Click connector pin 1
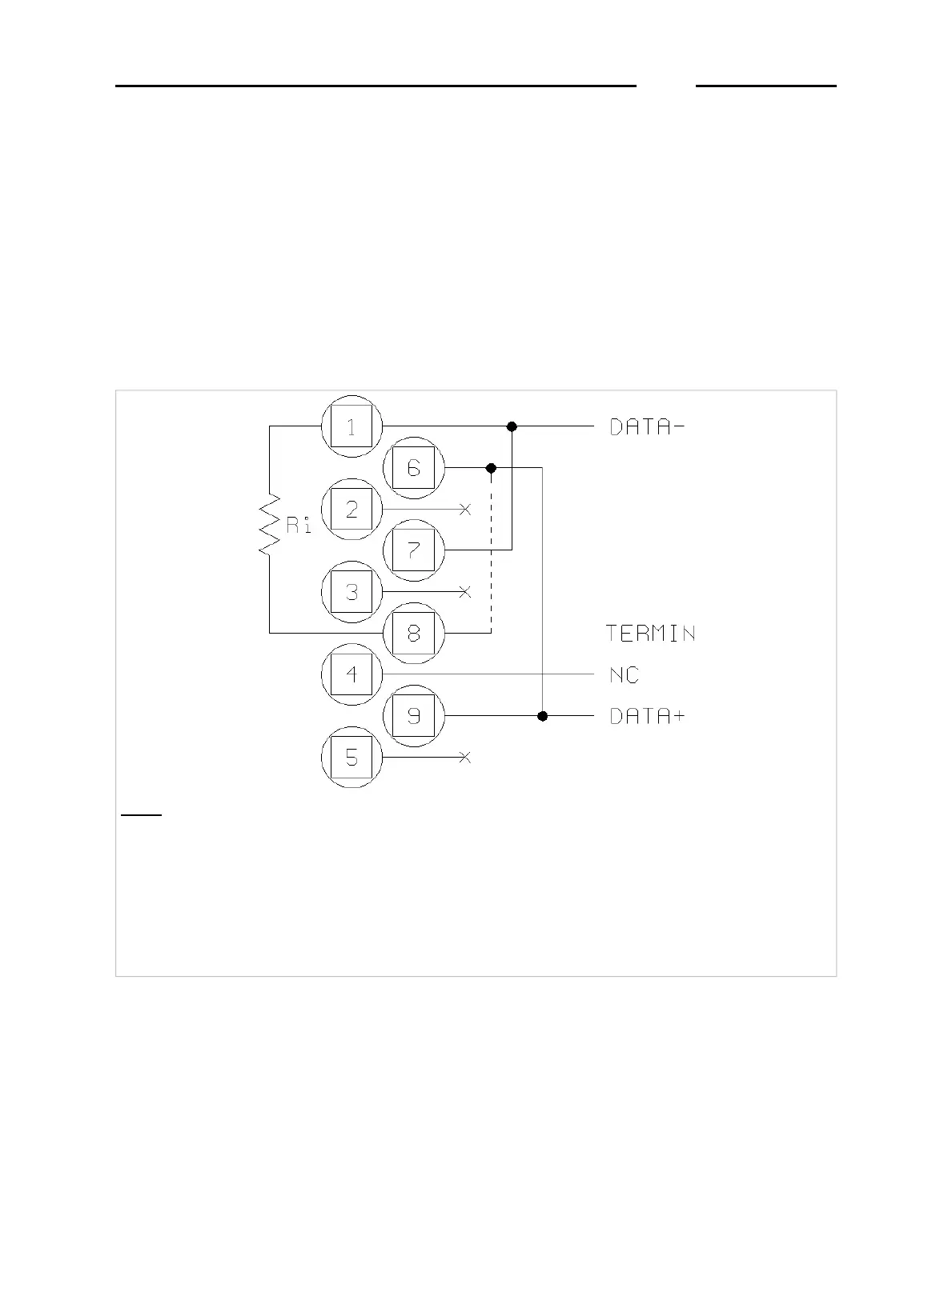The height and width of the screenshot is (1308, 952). (x=351, y=426)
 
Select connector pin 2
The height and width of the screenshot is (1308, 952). (x=351, y=509)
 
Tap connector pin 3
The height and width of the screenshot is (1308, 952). (x=351, y=592)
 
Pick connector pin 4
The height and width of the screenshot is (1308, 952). (x=351, y=674)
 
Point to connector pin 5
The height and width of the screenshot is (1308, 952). (x=351, y=757)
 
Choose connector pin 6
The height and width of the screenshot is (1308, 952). (x=413, y=467)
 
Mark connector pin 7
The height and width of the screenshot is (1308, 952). (x=413, y=550)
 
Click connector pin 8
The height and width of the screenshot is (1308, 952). (x=413, y=633)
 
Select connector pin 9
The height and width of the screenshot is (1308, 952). (x=413, y=715)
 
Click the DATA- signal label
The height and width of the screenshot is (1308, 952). (x=647, y=427)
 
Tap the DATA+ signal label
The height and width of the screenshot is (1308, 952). (x=647, y=716)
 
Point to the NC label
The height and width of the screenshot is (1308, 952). (x=624, y=675)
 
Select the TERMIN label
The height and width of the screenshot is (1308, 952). (x=650, y=634)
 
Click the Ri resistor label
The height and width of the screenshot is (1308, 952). (x=298, y=526)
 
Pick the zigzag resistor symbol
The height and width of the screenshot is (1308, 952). (x=269, y=525)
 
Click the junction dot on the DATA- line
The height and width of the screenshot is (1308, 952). (x=512, y=426)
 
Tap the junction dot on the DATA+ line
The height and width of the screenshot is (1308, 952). (x=543, y=715)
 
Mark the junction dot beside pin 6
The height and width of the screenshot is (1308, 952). (x=492, y=467)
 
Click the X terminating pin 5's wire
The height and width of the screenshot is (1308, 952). (x=465, y=757)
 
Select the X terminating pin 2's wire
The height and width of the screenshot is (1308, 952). (x=465, y=509)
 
